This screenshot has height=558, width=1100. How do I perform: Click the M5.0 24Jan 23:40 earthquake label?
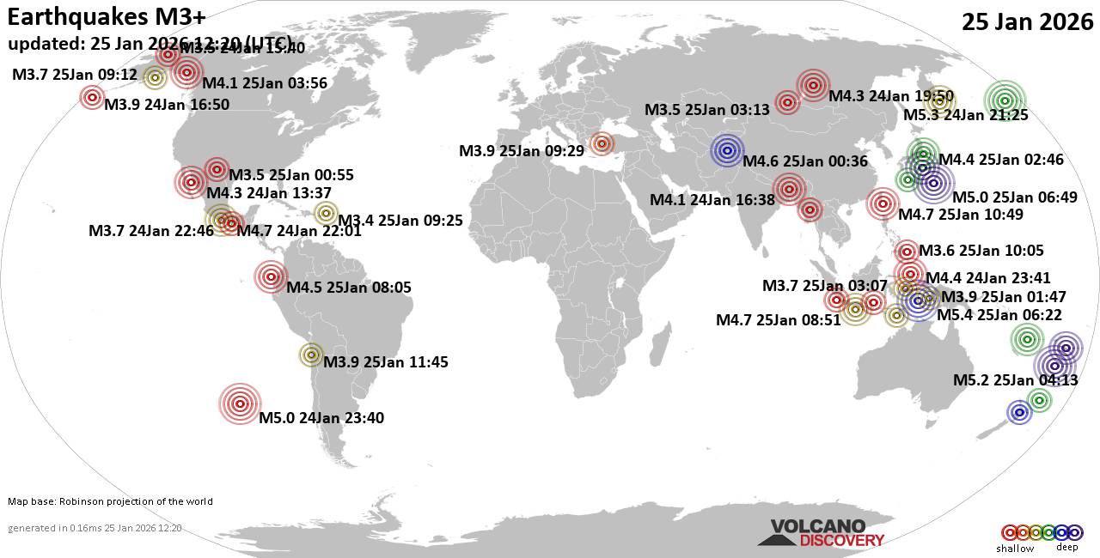click(321, 419)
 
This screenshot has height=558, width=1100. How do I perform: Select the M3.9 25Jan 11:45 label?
click(386, 362)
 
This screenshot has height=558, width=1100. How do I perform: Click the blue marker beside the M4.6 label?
click(727, 151)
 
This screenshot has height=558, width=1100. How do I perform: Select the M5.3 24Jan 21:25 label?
click(966, 115)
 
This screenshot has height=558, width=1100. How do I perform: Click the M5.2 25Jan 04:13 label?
click(1015, 380)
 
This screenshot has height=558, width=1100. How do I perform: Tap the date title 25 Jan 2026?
click(1027, 22)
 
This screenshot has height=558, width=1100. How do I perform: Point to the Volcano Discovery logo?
click(821, 533)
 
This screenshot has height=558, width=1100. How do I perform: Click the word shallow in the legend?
click(1015, 548)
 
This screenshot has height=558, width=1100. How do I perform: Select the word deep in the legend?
click(1066, 548)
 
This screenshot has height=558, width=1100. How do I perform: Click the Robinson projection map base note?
click(110, 501)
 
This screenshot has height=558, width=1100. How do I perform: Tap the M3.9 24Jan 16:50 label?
click(167, 105)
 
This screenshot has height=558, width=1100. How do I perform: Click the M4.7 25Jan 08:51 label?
click(779, 320)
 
